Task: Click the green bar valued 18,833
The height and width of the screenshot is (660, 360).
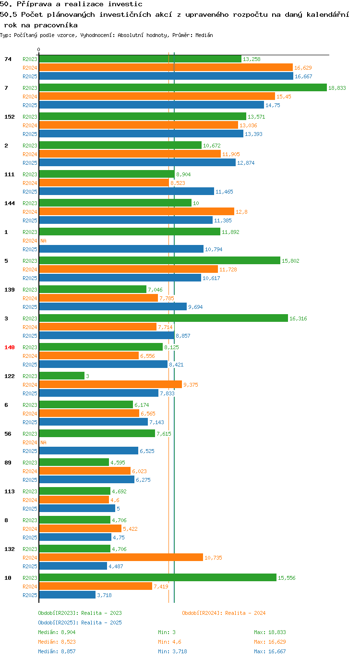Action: [x=183, y=87]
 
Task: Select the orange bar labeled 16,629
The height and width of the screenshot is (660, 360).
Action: [x=166, y=67]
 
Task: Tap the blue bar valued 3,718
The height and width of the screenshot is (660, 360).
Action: [x=67, y=595]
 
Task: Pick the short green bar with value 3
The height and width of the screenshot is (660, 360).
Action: [x=62, y=376]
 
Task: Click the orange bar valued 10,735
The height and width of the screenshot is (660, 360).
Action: [x=121, y=558]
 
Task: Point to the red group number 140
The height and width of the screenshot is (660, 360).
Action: [x=10, y=347]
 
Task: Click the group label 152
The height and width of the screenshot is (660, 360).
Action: [x=10, y=117]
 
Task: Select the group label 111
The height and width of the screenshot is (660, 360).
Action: [x=10, y=174]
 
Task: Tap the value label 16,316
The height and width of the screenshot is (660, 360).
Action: [x=298, y=318]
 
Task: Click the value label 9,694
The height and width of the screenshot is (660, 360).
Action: [x=195, y=307]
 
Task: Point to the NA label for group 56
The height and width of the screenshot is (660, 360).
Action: [x=43, y=442]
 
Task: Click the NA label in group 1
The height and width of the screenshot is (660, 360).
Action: [x=43, y=241]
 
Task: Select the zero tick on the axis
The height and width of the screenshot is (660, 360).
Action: [x=38, y=50]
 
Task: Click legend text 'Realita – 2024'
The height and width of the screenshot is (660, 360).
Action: [x=245, y=613]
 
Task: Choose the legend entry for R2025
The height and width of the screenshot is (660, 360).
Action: [x=80, y=622]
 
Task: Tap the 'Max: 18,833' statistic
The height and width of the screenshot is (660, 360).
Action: [x=270, y=632]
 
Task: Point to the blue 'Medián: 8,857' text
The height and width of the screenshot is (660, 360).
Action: [x=57, y=651]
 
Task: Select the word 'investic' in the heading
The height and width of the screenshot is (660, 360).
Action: [x=125, y=4]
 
